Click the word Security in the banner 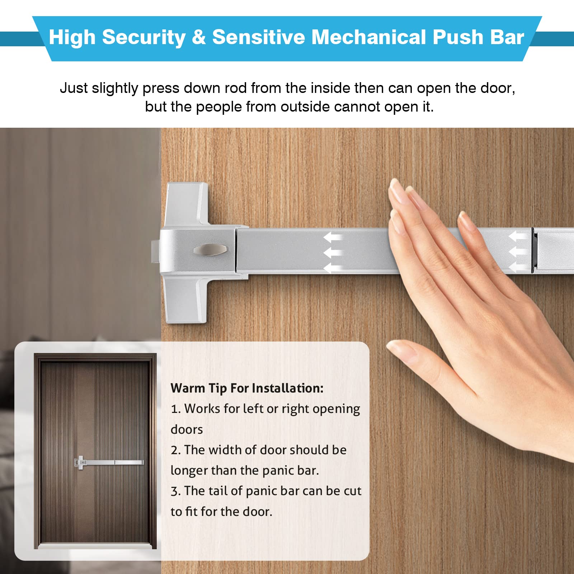click(144, 38)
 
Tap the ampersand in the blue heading click(199, 37)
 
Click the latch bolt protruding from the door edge click(155, 251)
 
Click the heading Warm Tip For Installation click(247, 388)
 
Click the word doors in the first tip click(187, 429)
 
